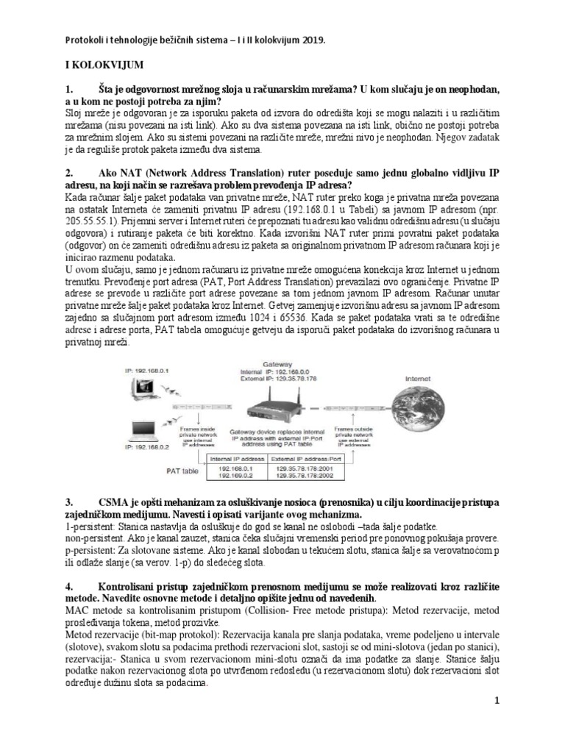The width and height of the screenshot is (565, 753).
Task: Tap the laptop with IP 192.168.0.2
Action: pos(140,432)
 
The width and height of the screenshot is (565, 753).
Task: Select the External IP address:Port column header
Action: pos(316,459)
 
